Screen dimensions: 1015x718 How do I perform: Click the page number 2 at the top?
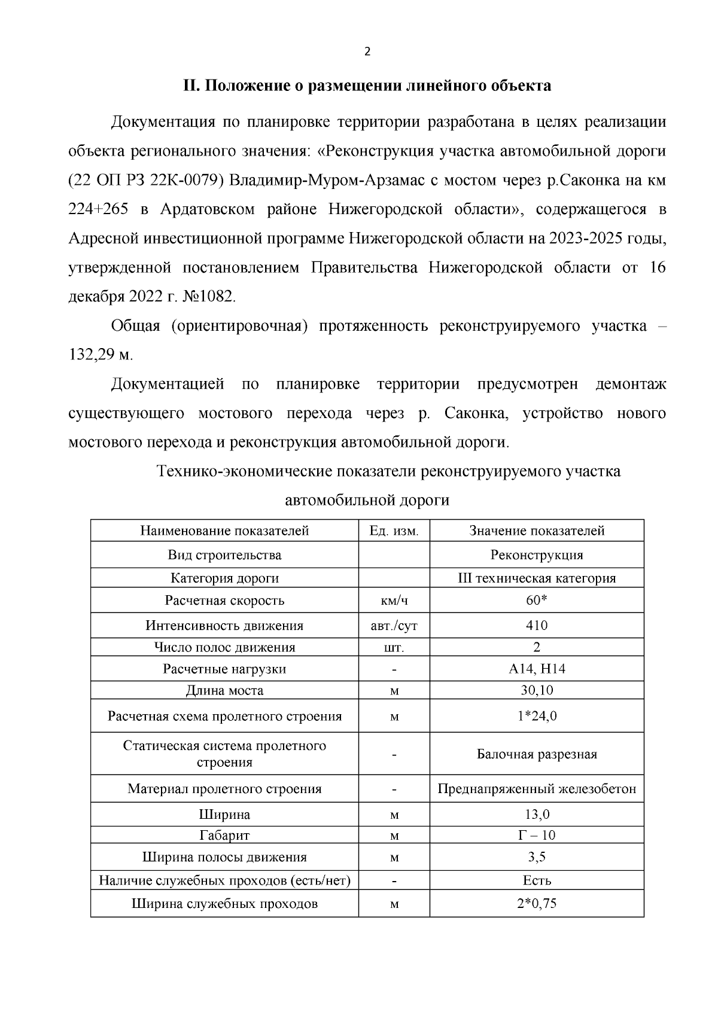click(x=367, y=52)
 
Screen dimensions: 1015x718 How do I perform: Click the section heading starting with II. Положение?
click(x=367, y=86)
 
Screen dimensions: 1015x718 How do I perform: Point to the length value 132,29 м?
click(x=101, y=355)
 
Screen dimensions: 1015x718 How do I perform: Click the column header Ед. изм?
click(x=394, y=531)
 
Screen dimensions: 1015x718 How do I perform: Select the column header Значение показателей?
click(x=537, y=531)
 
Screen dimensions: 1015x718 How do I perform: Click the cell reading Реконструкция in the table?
click(x=537, y=555)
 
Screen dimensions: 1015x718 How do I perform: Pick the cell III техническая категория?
click(x=537, y=578)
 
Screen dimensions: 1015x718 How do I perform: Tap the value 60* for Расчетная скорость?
click(x=537, y=601)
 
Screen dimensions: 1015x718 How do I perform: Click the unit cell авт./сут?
click(x=394, y=626)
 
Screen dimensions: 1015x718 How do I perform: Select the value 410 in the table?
click(x=537, y=626)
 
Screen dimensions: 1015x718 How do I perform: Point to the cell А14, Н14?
click(x=537, y=669)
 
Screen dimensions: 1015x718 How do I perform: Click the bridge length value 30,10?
click(x=537, y=690)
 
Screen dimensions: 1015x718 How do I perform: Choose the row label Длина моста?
click(x=224, y=691)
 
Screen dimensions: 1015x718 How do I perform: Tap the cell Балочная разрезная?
click(x=537, y=754)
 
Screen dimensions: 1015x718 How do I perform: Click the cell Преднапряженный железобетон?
click(x=537, y=789)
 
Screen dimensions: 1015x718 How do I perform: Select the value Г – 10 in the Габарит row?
click(x=537, y=835)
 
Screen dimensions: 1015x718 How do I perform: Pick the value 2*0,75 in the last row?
click(x=537, y=904)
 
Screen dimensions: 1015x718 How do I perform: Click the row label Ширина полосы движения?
click(x=224, y=857)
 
